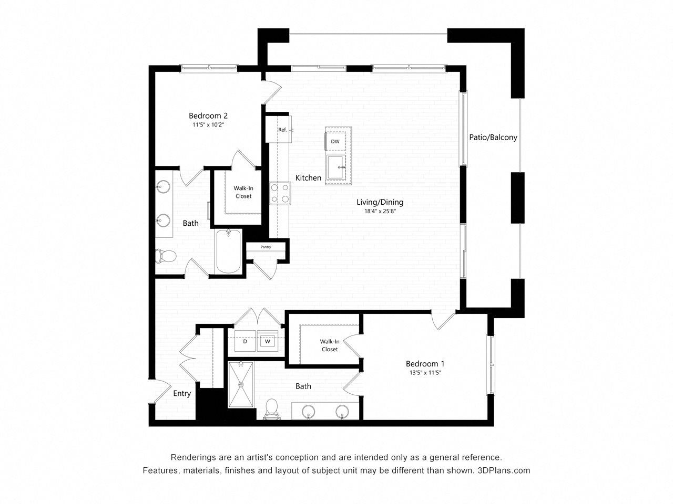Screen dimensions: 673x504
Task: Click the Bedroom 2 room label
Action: click(x=208, y=115)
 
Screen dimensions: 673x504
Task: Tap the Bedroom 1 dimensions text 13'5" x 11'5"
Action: click(x=425, y=373)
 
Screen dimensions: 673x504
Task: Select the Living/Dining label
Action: click(x=380, y=202)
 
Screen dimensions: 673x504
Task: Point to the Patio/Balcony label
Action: click(x=493, y=138)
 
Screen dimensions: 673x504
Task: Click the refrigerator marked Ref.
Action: click(x=278, y=129)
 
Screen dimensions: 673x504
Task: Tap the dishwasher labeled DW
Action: click(x=335, y=141)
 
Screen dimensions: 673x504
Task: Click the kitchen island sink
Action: click(x=336, y=167)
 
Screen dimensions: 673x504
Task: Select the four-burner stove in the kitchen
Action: click(x=280, y=193)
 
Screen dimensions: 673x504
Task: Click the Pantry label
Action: click(x=266, y=247)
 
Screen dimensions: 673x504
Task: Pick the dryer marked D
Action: click(x=245, y=341)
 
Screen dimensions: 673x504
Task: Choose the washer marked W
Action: click(x=268, y=341)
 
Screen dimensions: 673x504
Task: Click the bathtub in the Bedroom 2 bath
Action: click(x=228, y=251)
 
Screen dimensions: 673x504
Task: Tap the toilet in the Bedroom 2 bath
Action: click(x=165, y=256)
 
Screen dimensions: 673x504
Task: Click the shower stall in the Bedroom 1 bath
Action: click(x=241, y=385)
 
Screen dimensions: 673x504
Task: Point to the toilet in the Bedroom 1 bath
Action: click(x=271, y=409)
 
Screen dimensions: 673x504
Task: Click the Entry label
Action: click(x=182, y=393)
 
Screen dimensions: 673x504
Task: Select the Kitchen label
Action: click(x=308, y=178)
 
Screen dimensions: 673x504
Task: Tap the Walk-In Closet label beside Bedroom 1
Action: click(x=330, y=345)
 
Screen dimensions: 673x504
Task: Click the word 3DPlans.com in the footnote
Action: click(x=504, y=470)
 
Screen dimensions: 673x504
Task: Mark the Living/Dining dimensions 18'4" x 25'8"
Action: click(x=380, y=211)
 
